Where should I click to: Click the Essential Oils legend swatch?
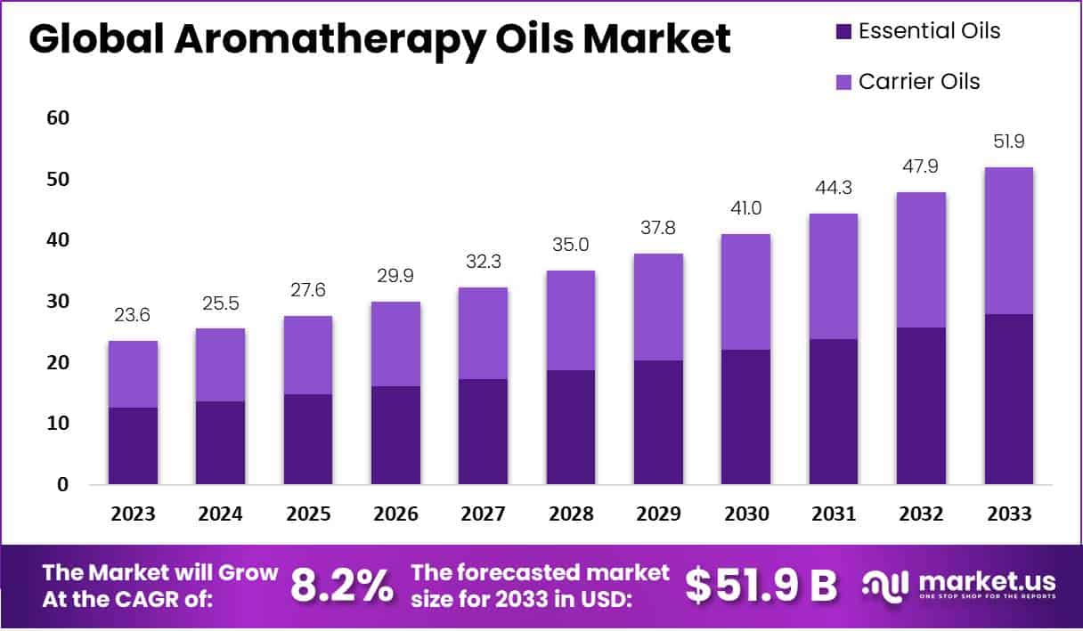pyautogui.click(x=843, y=32)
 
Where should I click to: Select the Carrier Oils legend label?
pyautogui.click(x=919, y=82)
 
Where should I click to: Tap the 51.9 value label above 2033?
pyautogui.click(x=1009, y=142)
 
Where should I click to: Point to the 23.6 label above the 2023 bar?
pyautogui.click(x=133, y=315)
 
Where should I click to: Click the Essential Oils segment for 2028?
pyautogui.click(x=570, y=427)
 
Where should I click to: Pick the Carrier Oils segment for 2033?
pyautogui.click(x=1009, y=240)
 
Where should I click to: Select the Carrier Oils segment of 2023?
pyautogui.click(x=133, y=374)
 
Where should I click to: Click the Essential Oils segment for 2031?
pyautogui.click(x=834, y=411)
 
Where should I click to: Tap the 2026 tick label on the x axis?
pyautogui.click(x=395, y=514)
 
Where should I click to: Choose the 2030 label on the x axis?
pyautogui.click(x=746, y=514)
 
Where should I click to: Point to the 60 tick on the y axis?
pyautogui.click(x=58, y=118)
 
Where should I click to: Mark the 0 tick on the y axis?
pyautogui.click(x=62, y=485)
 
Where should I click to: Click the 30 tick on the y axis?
pyautogui.click(x=58, y=302)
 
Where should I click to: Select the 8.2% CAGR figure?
pyautogui.click(x=342, y=585)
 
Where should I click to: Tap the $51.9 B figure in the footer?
pyautogui.click(x=761, y=585)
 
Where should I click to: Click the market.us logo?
pyautogui.click(x=959, y=585)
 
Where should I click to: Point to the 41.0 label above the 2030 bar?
pyautogui.click(x=746, y=208)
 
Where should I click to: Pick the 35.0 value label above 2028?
pyautogui.click(x=570, y=245)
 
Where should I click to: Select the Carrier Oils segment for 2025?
pyautogui.click(x=308, y=355)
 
